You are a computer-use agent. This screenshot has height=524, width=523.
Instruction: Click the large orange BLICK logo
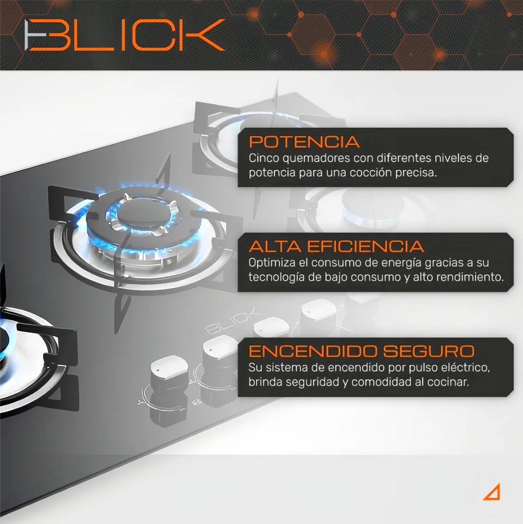click(125, 35)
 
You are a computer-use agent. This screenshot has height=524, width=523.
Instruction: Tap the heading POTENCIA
click(304, 142)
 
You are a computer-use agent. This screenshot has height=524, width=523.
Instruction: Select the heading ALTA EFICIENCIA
click(336, 246)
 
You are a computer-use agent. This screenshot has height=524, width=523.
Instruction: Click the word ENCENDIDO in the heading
click(313, 351)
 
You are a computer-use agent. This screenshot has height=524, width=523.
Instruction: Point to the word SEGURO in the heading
click(428, 351)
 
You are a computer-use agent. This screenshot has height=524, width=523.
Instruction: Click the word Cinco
click(264, 158)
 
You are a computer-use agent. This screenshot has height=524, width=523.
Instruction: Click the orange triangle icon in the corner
click(491, 492)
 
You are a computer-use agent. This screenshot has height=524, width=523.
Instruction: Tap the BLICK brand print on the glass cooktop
click(233, 321)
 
